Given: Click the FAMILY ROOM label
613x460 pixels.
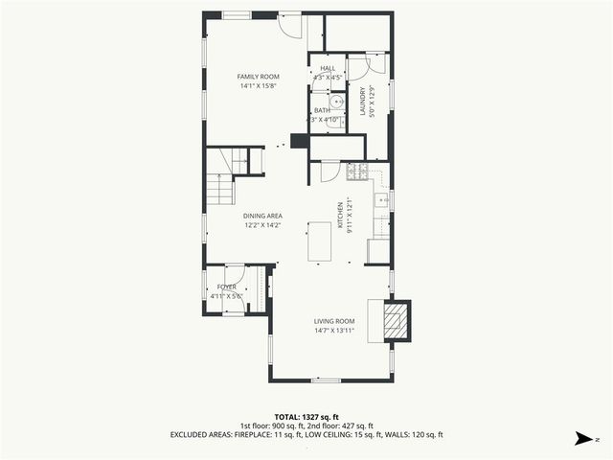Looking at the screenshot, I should [258, 77].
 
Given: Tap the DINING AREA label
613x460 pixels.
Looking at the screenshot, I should [261, 217].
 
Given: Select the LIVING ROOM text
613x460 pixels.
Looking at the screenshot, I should [334, 321].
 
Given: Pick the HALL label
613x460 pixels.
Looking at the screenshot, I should [328, 69].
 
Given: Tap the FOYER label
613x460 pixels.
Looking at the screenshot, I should [227, 287].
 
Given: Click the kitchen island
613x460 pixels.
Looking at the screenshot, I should [320, 241].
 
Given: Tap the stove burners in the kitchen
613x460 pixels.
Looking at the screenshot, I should [356, 172].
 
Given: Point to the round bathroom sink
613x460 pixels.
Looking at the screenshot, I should [336, 103].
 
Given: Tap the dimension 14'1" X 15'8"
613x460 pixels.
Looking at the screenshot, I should [258, 86].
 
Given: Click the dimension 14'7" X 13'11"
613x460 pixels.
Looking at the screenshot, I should [334, 331].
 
